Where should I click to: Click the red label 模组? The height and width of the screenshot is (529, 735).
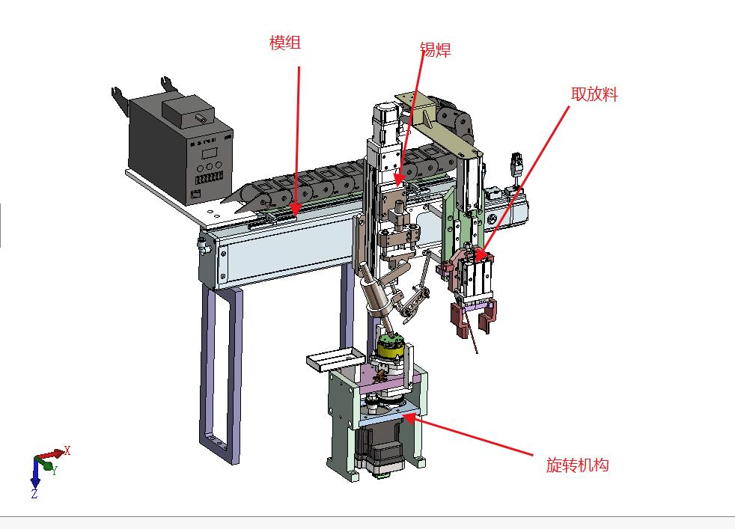tap(285, 43)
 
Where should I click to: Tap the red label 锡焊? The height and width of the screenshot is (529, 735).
tap(435, 49)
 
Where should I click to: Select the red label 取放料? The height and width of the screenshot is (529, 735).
tap(594, 94)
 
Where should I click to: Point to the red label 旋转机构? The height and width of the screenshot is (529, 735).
tap(578, 465)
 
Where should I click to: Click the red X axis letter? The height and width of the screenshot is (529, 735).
tap(67, 450)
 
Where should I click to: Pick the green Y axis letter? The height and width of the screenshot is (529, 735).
tap(55, 470)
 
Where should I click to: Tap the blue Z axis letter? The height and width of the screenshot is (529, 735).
tap(34, 493)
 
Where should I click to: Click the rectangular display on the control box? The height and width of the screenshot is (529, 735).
tap(209, 153)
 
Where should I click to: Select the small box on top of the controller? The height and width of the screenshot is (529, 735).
tap(188, 111)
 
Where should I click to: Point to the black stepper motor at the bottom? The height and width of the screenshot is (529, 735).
tap(379, 450)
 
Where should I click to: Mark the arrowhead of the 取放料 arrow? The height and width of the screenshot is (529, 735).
tap(478, 256)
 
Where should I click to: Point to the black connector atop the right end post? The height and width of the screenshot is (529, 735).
tap(516, 162)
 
